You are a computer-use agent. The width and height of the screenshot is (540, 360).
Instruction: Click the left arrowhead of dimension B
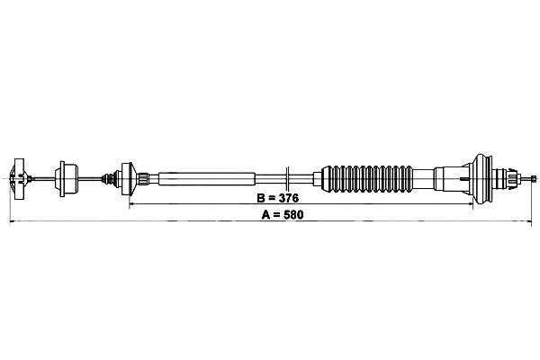[133, 203]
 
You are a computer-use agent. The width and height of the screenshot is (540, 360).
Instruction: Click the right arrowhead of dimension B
[471, 203]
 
